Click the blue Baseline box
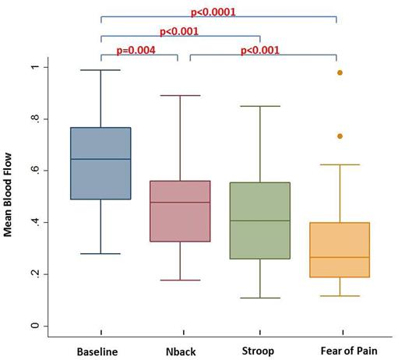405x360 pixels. [100, 163]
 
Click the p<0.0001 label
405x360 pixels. [213, 12]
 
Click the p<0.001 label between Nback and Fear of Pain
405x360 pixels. [260, 51]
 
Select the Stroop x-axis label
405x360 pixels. [258, 351]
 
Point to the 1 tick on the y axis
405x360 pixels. [33, 68]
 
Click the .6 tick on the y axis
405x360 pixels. [33, 171]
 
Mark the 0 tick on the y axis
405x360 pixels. [33, 326]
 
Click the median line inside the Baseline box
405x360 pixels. [100, 159]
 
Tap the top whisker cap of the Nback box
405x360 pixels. [179, 96]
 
